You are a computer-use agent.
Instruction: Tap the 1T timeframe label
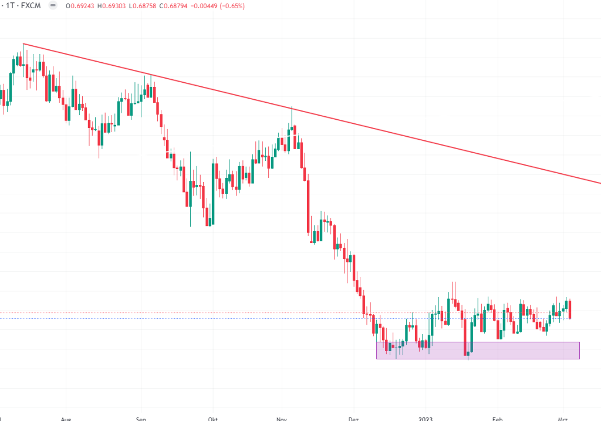click(x=10, y=6)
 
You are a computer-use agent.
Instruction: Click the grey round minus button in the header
click(x=53, y=6)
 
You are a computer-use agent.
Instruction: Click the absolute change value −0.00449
click(x=229, y=6)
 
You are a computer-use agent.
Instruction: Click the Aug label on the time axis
click(x=66, y=419)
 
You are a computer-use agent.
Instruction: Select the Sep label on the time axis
click(x=141, y=419)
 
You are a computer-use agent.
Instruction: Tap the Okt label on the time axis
click(x=212, y=419)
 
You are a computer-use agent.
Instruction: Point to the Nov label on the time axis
click(x=282, y=419)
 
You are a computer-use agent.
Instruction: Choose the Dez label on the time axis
click(x=353, y=419)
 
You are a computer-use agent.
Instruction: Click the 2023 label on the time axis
click(x=426, y=419)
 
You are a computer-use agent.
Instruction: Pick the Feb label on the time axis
click(x=498, y=419)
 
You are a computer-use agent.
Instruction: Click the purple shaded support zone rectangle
click(x=516, y=351)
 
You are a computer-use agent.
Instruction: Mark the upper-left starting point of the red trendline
click(x=23, y=43)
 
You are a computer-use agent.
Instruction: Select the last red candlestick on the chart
click(x=570, y=309)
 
